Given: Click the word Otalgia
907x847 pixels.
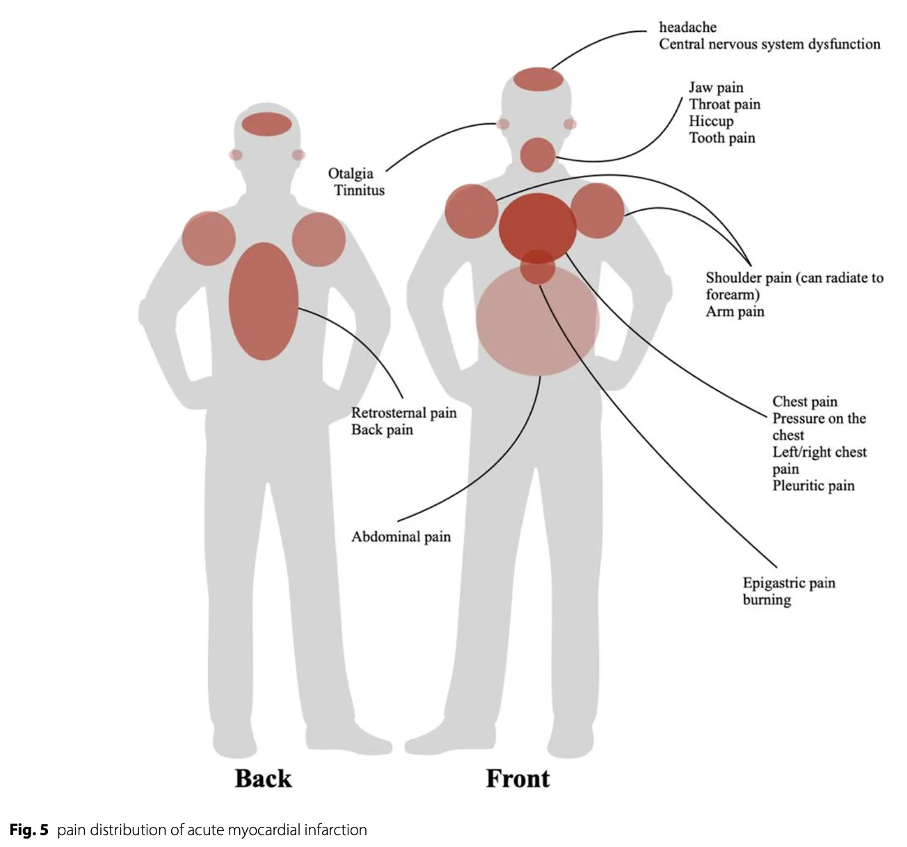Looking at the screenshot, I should (351, 174).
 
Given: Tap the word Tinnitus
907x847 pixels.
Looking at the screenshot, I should (359, 191).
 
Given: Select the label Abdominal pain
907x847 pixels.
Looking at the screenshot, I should (401, 537).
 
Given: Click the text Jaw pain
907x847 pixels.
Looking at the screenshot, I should (716, 88).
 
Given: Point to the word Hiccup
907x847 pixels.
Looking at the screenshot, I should (711, 121).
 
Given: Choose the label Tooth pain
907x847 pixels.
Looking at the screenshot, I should (722, 138).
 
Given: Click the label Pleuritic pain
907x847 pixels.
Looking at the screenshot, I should (813, 485).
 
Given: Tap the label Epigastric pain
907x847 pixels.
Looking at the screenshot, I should (789, 583).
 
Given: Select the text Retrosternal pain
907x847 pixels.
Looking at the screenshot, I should (403, 413).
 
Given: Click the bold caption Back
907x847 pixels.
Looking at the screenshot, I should (263, 778).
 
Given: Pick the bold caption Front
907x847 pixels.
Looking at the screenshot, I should (517, 778).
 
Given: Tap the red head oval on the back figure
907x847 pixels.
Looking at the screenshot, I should (267, 124).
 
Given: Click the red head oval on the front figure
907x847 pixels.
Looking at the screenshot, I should (539, 79).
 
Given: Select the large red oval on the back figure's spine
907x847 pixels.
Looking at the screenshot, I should (264, 300).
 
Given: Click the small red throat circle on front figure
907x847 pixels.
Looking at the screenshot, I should (538, 154).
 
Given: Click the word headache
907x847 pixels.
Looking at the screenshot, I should (687, 27).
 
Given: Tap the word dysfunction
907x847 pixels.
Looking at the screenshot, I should (844, 44).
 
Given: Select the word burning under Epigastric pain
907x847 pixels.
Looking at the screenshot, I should (766, 599).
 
